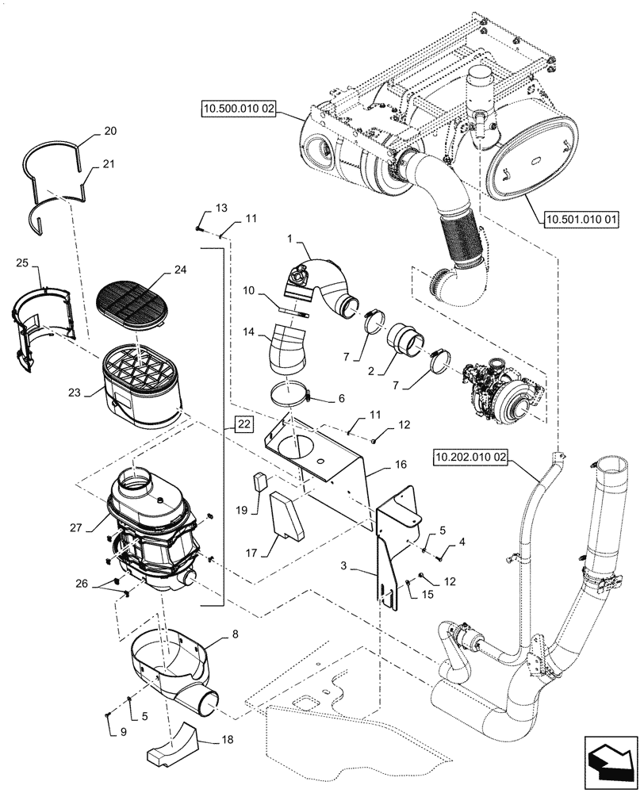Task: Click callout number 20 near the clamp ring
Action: tap(109, 132)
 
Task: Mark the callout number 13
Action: tap(221, 208)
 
